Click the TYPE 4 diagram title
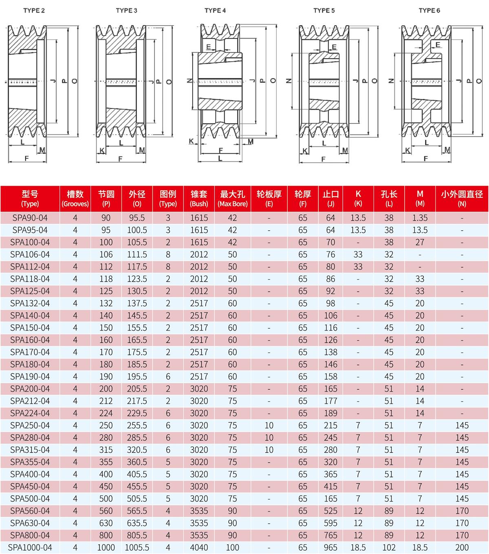click(215, 11)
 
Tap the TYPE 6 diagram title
click(429, 11)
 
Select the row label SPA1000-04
click(30, 547)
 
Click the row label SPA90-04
click(30, 218)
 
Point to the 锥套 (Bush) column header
click(199, 198)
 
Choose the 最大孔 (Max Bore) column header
click(232, 198)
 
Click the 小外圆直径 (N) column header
click(462, 198)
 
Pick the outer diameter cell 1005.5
click(137, 547)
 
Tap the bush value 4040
click(199, 547)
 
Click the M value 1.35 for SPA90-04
click(420, 218)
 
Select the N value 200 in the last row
click(462, 547)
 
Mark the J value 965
click(330, 547)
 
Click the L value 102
click(389, 547)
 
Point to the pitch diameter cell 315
click(106, 450)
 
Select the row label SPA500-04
click(30, 499)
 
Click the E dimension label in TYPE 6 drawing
click(438, 45)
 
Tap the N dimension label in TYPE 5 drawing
click(289, 81)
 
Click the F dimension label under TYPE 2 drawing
click(27, 158)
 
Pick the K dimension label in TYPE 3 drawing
click(102, 150)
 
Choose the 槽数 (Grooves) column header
click(75, 198)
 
